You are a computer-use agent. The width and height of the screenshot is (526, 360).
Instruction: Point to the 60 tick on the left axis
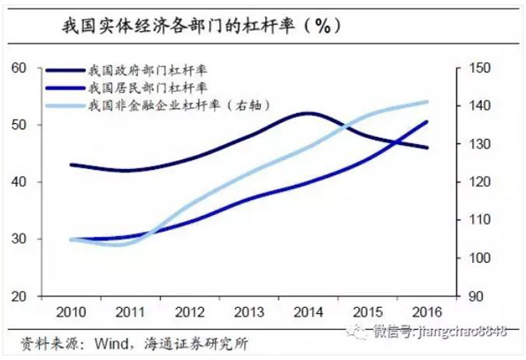(19, 68)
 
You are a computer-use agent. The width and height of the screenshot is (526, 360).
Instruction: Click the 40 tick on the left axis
(19, 182)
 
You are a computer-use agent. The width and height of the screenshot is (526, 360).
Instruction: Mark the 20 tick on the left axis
(19, 296)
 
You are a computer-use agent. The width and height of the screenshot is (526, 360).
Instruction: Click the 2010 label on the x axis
(70, 314)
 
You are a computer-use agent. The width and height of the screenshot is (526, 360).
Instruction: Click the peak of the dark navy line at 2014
(307, 113)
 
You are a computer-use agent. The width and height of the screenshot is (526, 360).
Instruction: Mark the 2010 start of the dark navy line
(71, 165)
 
